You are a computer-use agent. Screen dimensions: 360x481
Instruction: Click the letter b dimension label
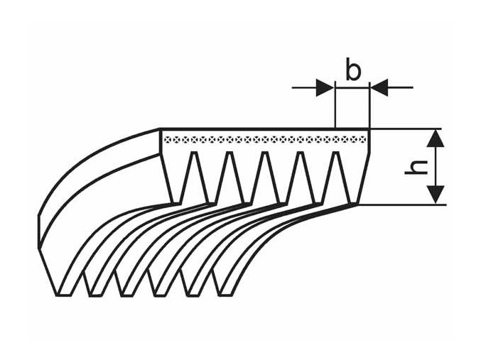pyautogui.click(x=353, y=71)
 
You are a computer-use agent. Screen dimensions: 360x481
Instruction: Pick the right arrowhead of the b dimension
pyautogui.click(x=379, y=87)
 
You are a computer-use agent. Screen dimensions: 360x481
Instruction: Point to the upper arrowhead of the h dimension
pyautogui.click(x=438, y=138)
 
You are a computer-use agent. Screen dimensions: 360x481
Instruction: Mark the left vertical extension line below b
pyautogui.click(x=335, y=107)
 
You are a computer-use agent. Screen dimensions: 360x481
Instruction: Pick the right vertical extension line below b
pyautogui.click(x=369, y=107)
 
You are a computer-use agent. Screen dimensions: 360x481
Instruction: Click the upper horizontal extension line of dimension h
pyautogui.click(x=409, y=129)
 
